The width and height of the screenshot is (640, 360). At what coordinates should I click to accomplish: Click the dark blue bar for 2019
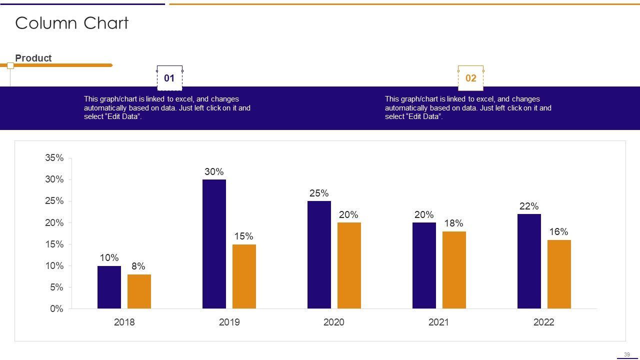click(x=214, y=244)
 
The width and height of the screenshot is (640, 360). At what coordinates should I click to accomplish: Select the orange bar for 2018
click(x=139, y=291)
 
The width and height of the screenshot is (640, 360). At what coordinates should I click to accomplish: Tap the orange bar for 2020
click(x=349, y=265)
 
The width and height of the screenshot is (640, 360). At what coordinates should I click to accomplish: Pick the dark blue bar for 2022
click(x=529, y=261)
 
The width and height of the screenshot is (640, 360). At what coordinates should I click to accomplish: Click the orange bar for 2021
click(x=454, y=270)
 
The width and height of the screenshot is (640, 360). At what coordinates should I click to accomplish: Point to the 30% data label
click(x=214, y=172)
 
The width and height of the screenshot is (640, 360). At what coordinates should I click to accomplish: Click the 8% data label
click(x=138, y=266)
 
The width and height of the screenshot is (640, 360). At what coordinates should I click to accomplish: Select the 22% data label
click(x=529, y=206)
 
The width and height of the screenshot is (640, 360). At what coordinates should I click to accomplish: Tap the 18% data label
click(x=453, y=223)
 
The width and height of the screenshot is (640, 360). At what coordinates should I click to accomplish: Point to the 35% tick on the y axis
click(x=54, y=158)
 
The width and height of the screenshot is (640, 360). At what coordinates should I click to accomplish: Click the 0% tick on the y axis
click(x=57, y=309)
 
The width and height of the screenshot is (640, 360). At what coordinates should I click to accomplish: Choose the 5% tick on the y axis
click(x=57, y=287)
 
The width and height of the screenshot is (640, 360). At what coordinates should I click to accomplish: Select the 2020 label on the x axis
click(x=334, y=322)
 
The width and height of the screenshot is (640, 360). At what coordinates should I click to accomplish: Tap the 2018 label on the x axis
click(x=124, y=322)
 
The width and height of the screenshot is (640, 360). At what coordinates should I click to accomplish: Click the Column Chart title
click(x=72, y=23)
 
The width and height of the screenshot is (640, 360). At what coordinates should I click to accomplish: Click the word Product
click(x=33, y=58)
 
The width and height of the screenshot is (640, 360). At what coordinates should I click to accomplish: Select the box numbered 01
click(x=169, y=78)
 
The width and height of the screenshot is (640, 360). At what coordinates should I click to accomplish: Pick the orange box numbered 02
click(x=471, y=78)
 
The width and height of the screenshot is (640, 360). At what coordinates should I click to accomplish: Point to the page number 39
click(x=627, y=354)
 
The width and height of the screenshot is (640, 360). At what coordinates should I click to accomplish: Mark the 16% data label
click(x=558, y=232)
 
